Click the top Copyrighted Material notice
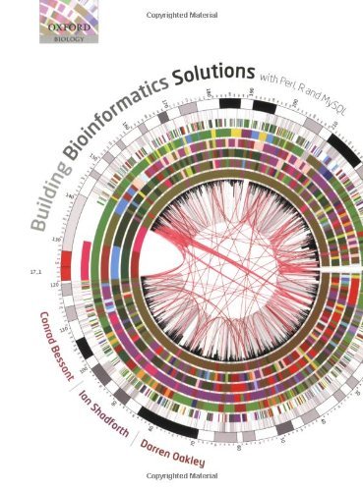coord(181,6)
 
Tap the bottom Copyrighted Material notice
coord(181,485)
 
